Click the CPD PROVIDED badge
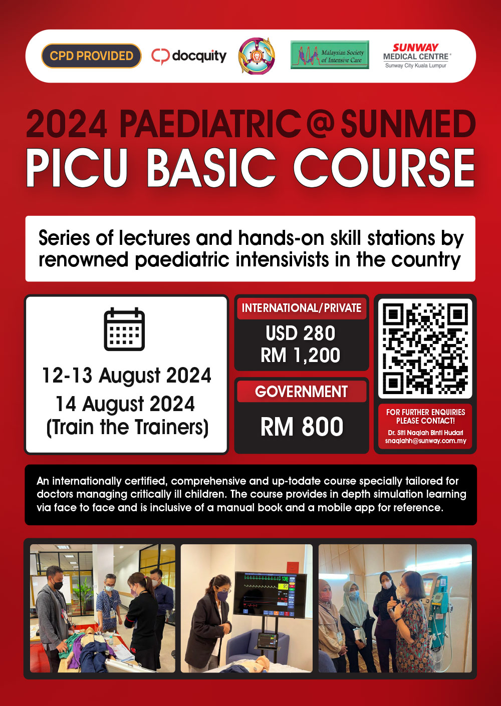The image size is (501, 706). pyautogui.click(x=91, y=56)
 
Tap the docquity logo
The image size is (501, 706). pyautogui.click(x=189, y=56)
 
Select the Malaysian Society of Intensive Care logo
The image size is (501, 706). pyautogui.click(x=330, y=55)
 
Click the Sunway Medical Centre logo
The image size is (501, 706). pyautogui.click(x=416, y=55)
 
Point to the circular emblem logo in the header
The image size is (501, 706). pyautogui.click(x=257, y=56)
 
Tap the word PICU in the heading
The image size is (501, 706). pyautogui.click(x=78, y=168)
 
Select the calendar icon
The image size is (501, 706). pyautogui.click(x=124, y=329)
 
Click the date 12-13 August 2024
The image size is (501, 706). pyautogui.click(x=126, y=376)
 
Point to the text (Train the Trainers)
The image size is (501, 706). pyautogui.click(x=127, y=428)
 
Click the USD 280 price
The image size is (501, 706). pyautogui.click(x=301, y=333)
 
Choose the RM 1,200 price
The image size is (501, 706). pyautogui.click(x=301, y=356)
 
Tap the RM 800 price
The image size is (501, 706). pyautogui.click(x=302, y=427)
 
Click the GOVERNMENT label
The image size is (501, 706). pyautogui.click(x=302, y=392)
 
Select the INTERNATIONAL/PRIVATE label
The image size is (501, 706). pyautogui.click(x=302, y=308)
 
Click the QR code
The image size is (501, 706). pyautogui.click(x=425, y=348)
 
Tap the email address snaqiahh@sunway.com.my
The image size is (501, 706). pyautogui.click(x=425, y=441)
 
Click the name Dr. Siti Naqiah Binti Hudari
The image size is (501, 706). pyautogui.click(x=425, y=433)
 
